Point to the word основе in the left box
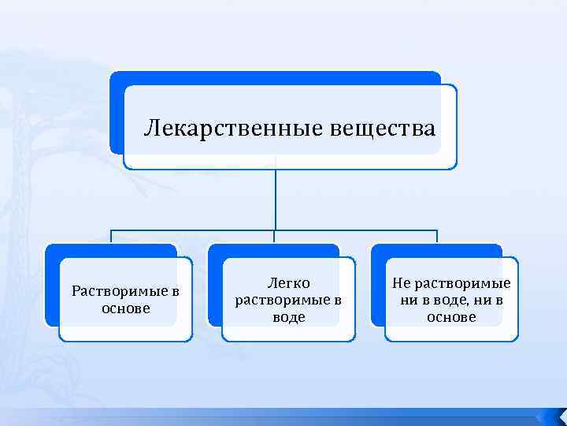point(125,308)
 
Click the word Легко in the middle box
point(288,282)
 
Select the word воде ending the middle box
point(288,317)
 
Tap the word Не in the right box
point(401,283)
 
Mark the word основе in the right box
point(451,317)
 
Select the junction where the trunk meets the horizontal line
point(275,230)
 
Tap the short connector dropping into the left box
point(111,237)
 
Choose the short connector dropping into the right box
point(437,237)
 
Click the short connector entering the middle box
point(275,237)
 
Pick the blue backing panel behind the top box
point(116,110)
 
